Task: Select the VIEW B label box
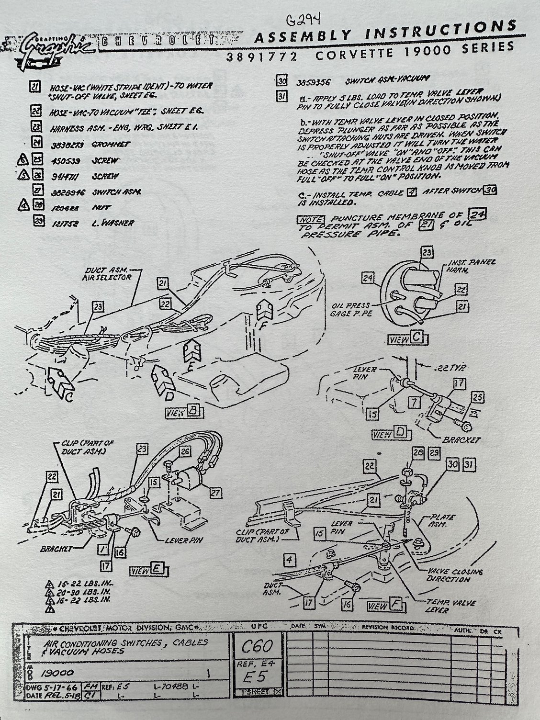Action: point(184,412)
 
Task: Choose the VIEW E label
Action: point(147,570)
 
